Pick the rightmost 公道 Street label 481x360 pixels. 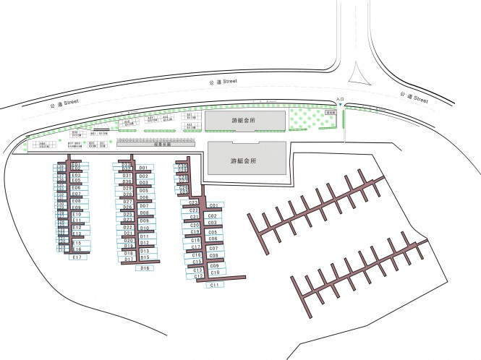pos(413,96)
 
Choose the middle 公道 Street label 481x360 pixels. pos(222,83)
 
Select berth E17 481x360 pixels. pos(77,257)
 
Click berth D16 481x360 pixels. pos(145,268)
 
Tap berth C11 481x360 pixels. pos(214,286)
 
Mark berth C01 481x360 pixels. pos(213,206)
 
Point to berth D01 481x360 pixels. pos(143,168)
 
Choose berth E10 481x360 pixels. pos(77,215)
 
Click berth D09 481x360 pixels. pos(144,220)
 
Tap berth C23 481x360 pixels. pos(194,202)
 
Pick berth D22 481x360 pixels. pos(128,227)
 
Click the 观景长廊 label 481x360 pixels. pos(162,143)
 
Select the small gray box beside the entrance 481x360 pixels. pos(331,112)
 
